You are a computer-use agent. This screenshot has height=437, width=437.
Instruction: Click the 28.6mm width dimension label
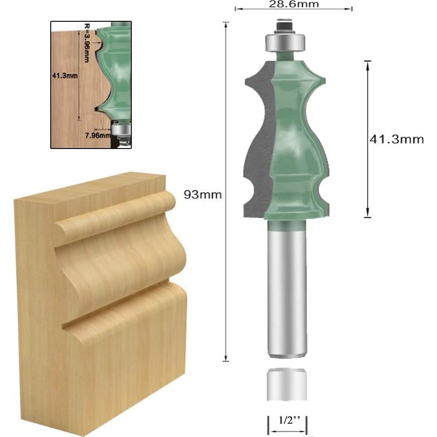[293, 4]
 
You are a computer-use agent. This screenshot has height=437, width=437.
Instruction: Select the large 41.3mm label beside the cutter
[397, 139]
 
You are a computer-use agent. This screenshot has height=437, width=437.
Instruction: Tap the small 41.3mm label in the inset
[64, 76]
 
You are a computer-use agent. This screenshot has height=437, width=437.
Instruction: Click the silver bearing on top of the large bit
[284, 43]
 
